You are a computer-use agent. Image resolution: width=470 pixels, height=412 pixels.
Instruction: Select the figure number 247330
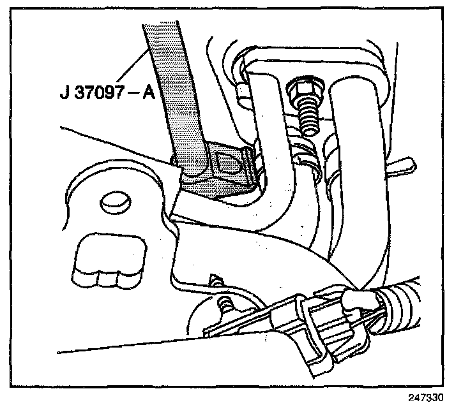(x=425, y=397)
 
